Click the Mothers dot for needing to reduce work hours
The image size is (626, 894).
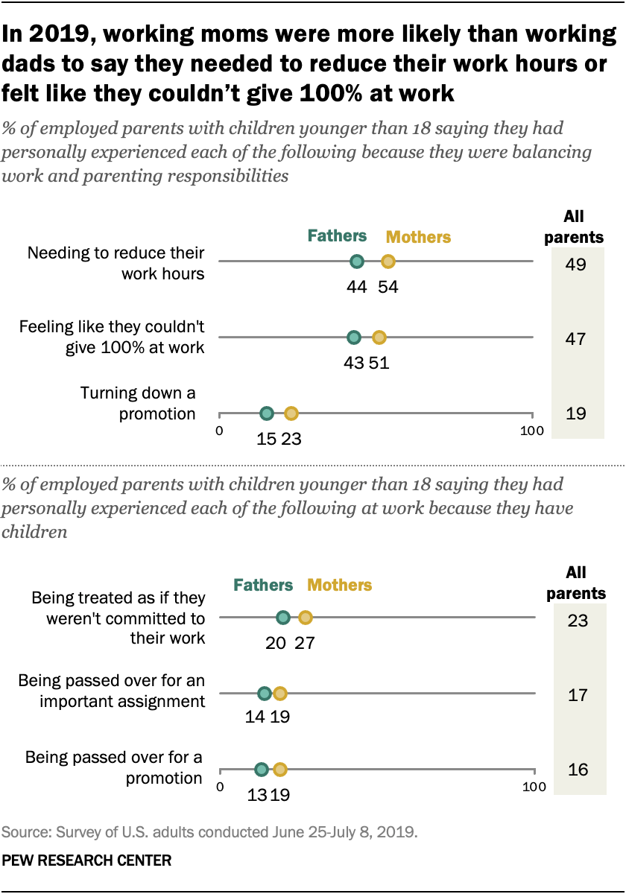click(x=388, y=261)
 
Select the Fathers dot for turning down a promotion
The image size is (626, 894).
click(x=267, y=413)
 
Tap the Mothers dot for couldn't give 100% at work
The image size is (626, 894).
click(x=379, y=337)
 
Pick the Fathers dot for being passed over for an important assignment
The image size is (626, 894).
click(x=264, y=694)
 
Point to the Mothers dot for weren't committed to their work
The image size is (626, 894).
click(x=305, y=618)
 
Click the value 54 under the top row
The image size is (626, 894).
click(x=388, y=288)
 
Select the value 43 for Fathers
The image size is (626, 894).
click(x=353, y=364)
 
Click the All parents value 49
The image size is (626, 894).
click(x=575, y=263)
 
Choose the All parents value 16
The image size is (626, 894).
click(x=577, y=770)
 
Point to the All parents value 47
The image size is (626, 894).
click(x=575, y=339)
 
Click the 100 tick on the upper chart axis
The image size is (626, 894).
click(x=531, y=431)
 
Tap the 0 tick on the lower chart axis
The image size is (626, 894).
click(x=220, y=787)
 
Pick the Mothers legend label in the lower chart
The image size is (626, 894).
click(x=340, y=585)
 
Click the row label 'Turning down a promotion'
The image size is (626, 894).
click(x=138, y=403)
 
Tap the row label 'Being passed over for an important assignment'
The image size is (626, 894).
click(x=112, y=691)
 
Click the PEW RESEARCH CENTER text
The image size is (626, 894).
click(x=87, y=860)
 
